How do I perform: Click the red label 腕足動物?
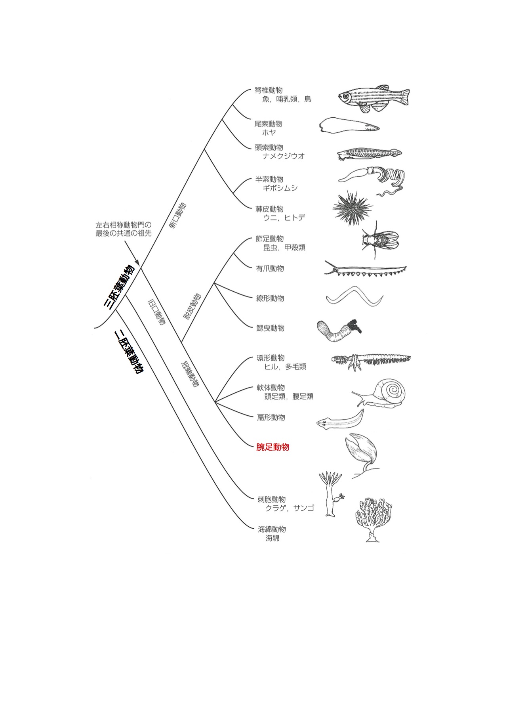pos(273,447)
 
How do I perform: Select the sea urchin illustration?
pos(352,207)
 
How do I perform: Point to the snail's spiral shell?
pos(390,390)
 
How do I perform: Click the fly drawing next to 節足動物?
pos(378,239)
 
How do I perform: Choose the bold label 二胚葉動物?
pos(128,352)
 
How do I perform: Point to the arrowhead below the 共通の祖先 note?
pos(137,262)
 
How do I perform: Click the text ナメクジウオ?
pos(284,156)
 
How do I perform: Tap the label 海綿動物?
pos(272,529)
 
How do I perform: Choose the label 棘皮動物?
pos(269,209)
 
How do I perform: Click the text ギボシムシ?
pos(280,188)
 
